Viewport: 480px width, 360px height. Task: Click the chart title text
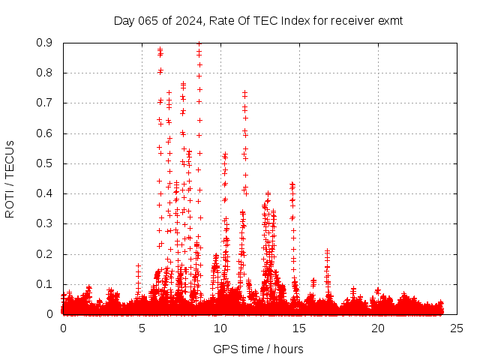[258, 20]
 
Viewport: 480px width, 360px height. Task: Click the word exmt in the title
[390, 20]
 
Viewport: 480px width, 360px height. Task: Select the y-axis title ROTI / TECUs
[10, 178]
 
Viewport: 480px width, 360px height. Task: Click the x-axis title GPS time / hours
[258, 349]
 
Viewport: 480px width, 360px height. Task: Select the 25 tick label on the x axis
[457, 328]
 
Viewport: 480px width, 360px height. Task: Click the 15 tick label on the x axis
[299, 328]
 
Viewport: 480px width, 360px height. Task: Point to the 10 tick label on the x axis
[220, 328]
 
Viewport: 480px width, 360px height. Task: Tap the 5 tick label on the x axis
[142, 328]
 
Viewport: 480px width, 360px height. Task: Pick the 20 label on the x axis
[378, 328]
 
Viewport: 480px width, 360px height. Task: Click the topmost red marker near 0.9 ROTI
[199, 43]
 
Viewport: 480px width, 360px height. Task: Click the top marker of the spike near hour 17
[327, 251]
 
